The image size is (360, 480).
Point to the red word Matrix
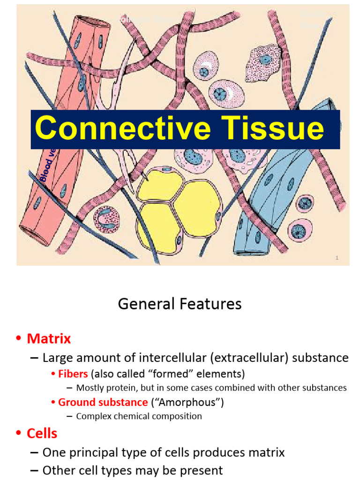49,338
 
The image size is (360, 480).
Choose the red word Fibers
73,374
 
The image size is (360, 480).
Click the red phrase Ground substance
103,402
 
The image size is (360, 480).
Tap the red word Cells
42,434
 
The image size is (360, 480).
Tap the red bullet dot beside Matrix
19,339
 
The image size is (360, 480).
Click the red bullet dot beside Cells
19,434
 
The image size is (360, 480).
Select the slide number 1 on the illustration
337,258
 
